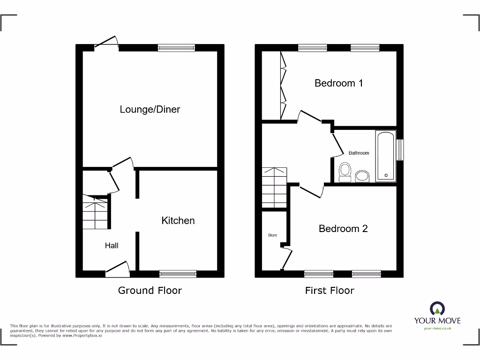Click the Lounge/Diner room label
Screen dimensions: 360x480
tap(150, 110)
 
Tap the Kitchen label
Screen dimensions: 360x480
tap(178, 221)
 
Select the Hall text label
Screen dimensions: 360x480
tap(112, 246)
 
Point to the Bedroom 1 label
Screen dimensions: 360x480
tap(338, 83)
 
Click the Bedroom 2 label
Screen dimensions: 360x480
tap(343, 229)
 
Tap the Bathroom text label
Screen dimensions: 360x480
tap(359, 153)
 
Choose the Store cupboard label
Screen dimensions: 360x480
tap(272, 235)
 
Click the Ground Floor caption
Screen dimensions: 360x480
tap(150, 291)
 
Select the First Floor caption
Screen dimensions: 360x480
tap(330, 291)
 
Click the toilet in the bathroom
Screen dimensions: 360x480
tap(345, 172)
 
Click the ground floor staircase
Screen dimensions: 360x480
tap(96, 213)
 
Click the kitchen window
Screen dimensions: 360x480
tap(178, 274)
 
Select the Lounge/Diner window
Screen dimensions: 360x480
tap(176, 47)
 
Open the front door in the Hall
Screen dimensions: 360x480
tap(117, 269)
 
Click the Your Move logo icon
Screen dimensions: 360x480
tap(437, 309)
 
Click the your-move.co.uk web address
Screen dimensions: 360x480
tap(437, 329)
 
